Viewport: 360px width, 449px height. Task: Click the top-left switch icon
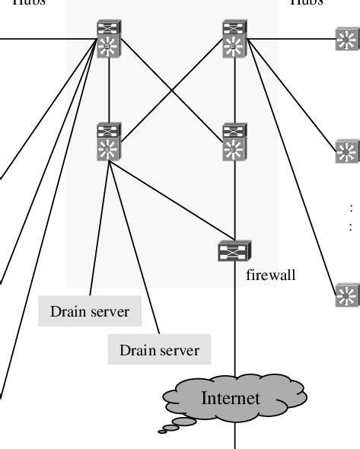pyautogui.click(x=110, y=40)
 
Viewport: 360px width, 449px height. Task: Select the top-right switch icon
pyautogui.click(x=234, y=40)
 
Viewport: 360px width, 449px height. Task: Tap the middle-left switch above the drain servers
pyautogui.click(x=110, y=142)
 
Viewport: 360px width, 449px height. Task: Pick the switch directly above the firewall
pyautogui.click(x=234, y=142)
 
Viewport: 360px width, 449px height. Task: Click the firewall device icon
pyautogui.click(x=234, y=250)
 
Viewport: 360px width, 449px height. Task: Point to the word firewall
pyautogui.click(x=270, y=275)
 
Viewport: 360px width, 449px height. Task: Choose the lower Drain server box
pyautogui.click(x=159, y=350)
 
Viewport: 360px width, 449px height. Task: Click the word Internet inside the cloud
pyautogui.click(x=230, y=398)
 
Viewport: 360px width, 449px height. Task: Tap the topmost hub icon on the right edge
pyautogui.click(x=347, y=39)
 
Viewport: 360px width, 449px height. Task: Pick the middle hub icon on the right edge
pyautogui.click(x=347, y=152)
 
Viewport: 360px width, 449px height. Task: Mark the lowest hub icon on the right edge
pyautogui.click(x=347, y=294)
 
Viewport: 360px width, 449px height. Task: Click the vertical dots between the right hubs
pyautogui.click(x=351, y=216)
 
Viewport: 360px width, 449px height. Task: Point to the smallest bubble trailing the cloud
pyautogui.click(x=162, y=431)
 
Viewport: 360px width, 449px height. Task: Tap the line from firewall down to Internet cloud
pyautogui.click(x=234, y=320)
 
